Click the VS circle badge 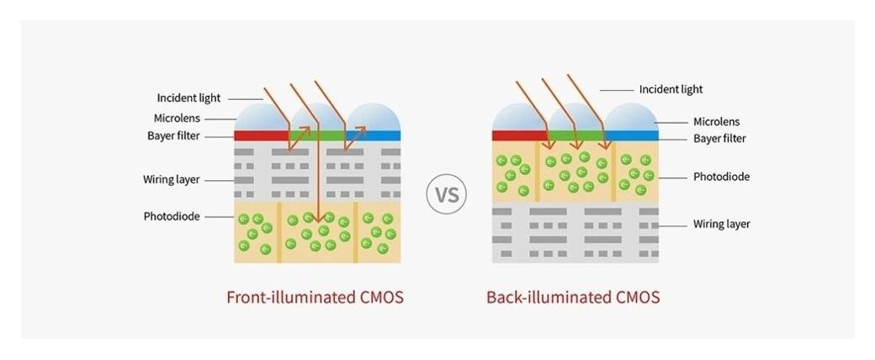tap(447, 194)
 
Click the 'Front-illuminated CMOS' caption tap(315, 298)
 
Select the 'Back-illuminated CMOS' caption tap(573, 298)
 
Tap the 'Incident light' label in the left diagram tap(188, 98)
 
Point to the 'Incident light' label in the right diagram tap(671, 89)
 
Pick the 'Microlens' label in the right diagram tap(716, 122)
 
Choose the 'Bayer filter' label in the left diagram tap(178, 135)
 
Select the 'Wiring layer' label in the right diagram tap(721, 225)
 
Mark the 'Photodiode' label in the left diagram tap(172, 217)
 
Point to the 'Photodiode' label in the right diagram tap(721, 177)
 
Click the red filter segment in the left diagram tap(261, 135)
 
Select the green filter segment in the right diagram tap(575, 135)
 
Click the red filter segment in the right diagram tap(519, 135)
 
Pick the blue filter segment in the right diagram tap(632, 135)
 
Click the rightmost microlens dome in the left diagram tap(374, 118)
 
